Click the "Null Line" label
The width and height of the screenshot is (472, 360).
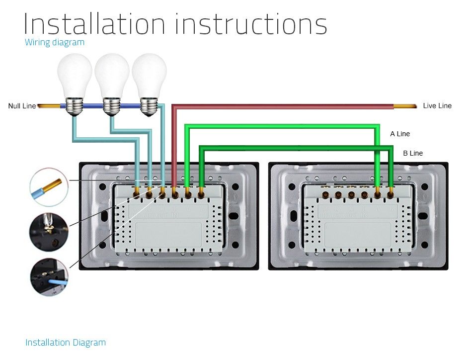(x=22, y=106)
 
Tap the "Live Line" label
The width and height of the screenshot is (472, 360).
(x=437, y=105)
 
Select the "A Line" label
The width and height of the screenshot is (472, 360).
(x=400, y=134)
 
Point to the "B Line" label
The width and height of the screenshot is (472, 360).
(x=413, y=153)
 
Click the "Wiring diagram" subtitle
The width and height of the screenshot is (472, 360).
(x=55, y=42)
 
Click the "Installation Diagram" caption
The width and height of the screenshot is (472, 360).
(x=66, y=343)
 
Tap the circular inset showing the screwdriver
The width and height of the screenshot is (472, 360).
(x=49, y=231)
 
